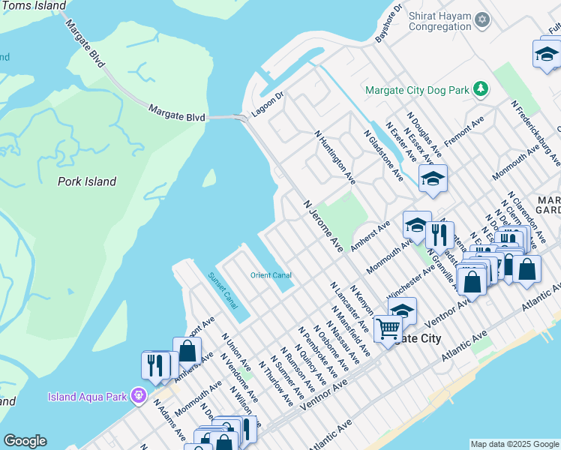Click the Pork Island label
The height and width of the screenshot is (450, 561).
click(x=87, y=181)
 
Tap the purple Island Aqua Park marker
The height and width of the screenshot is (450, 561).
click(x=137, y=394)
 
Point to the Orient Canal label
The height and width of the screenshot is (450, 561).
click(x=271, y=275)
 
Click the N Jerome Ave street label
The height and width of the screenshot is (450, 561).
click(x=323, y=226)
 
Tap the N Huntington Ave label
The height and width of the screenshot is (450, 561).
click(x=334, y=158)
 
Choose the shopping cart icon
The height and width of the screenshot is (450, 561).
click(x=388, y=328)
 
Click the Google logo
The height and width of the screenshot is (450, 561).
click(x=25, y=441)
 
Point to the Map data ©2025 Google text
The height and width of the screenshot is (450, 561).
click(x=514, y=444)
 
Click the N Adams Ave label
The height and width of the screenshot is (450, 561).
click(x=170, y=419)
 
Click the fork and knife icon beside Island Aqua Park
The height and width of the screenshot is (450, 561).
click(x=155, y=364)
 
